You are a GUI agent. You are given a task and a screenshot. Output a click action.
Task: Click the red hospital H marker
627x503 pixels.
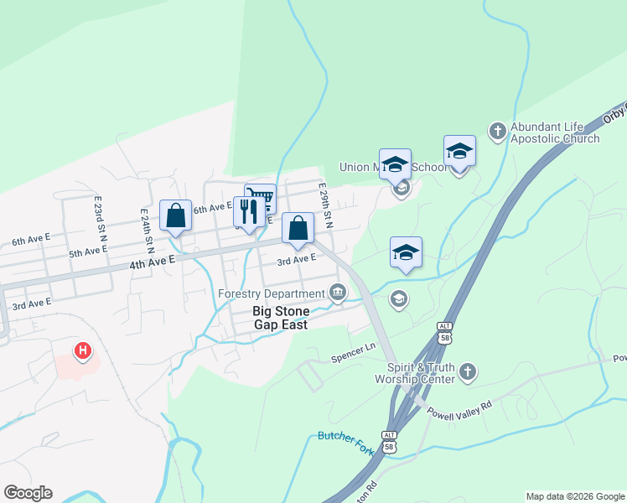pyautogui.click(x=82, y=351)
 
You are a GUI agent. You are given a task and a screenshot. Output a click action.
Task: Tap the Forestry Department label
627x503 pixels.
pyautogui.click(x=271, y=293)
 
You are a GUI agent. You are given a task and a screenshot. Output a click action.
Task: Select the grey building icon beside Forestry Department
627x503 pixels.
pyautogui.click(x=337, y=293)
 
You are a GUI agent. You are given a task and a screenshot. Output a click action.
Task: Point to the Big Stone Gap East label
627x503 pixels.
pyautogui.click(x=282, y=317)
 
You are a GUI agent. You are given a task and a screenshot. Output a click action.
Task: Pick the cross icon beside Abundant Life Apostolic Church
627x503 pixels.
pyautogui.click(x=498, y=130)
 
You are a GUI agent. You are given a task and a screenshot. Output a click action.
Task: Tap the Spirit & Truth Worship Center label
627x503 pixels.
pyautogui.click(x=421, y=373)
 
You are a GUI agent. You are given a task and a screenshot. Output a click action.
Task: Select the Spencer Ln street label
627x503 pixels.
pyautogui.click(x=353, y=350)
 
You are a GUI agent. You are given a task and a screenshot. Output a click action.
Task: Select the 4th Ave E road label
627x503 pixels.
pyautogui.click(x=152, y=264)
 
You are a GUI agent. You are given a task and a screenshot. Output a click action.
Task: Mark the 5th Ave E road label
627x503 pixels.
pyautogui.click(x=87, y=251)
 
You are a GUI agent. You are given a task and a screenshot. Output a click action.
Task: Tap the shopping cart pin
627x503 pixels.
pyautogui.click(x=261, y=198)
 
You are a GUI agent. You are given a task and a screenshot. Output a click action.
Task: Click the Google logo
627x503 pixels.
pyautogui.click(x=28, y=493)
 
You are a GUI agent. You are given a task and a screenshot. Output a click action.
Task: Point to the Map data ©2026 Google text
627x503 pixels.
pyautogui.click(x=575, y=496)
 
